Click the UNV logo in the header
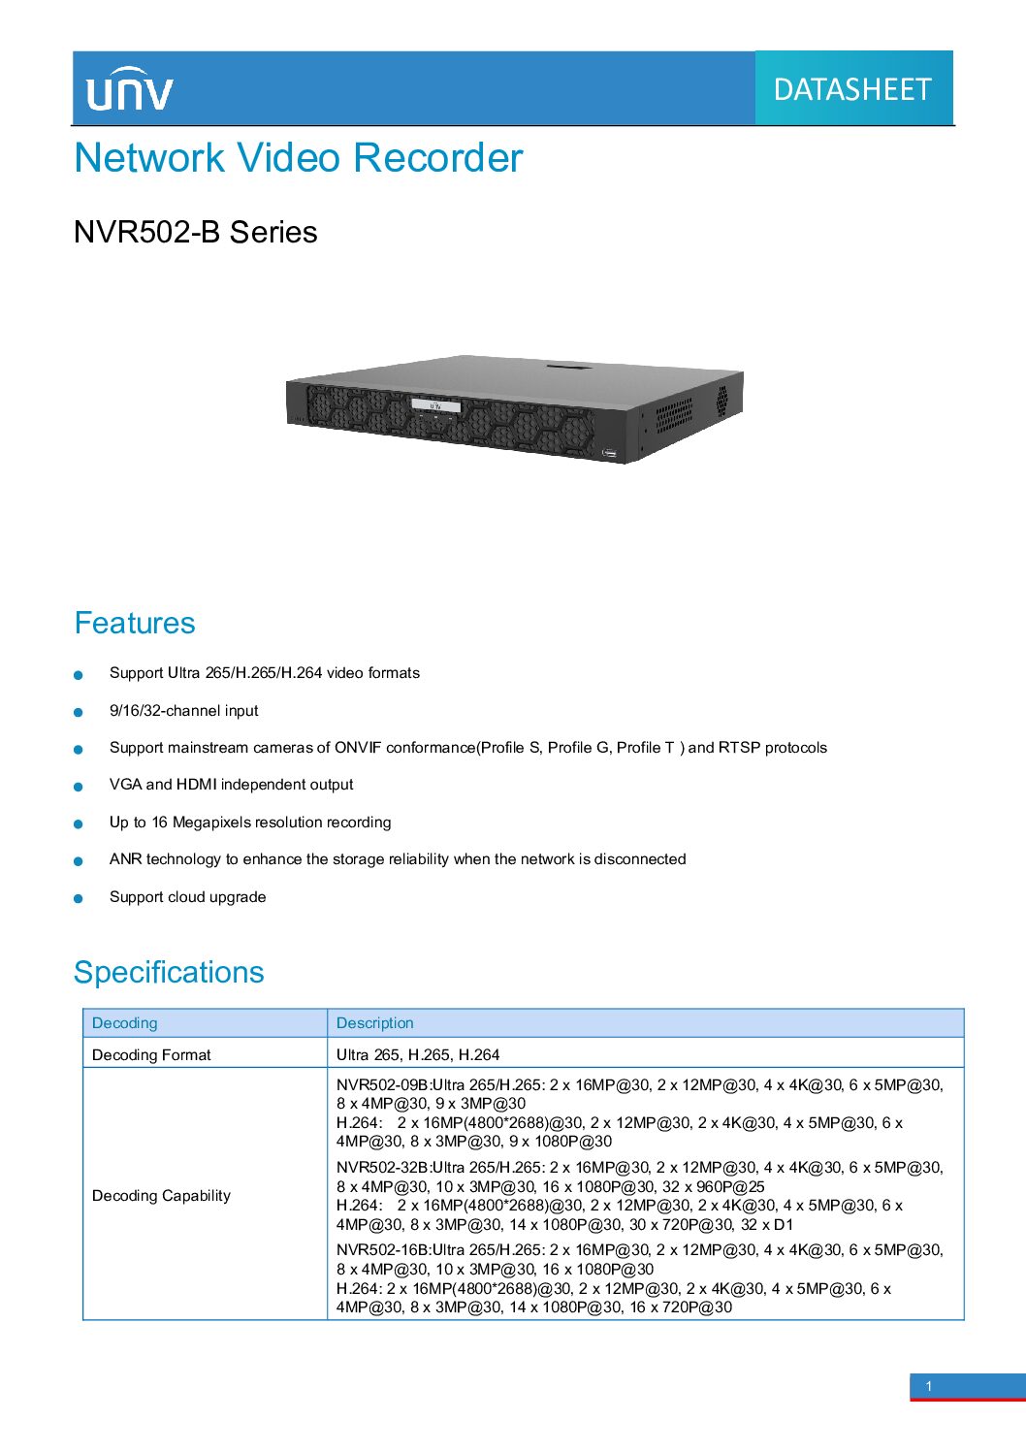click(x=130, y=88)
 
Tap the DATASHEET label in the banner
click(x=852, y=89)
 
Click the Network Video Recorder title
click(x=298, y=157)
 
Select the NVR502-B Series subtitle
click(x=195, y=232)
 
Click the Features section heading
click(x=134, y=623)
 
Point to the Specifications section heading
click(x=169, y=972)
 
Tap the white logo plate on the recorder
click(x=436, y=405)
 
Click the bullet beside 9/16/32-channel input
click(x=79, y=712)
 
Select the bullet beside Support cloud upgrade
click(x=79, y=898)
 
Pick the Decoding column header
click(x=124, y=1023)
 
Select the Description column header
click(x=374, y=1023)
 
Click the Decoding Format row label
click(x=151, y=1054)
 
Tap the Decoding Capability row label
click(x=161, y=1195)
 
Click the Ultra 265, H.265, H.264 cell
click(x=418, y=1054)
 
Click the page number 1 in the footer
click(x=929, y=1387)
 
